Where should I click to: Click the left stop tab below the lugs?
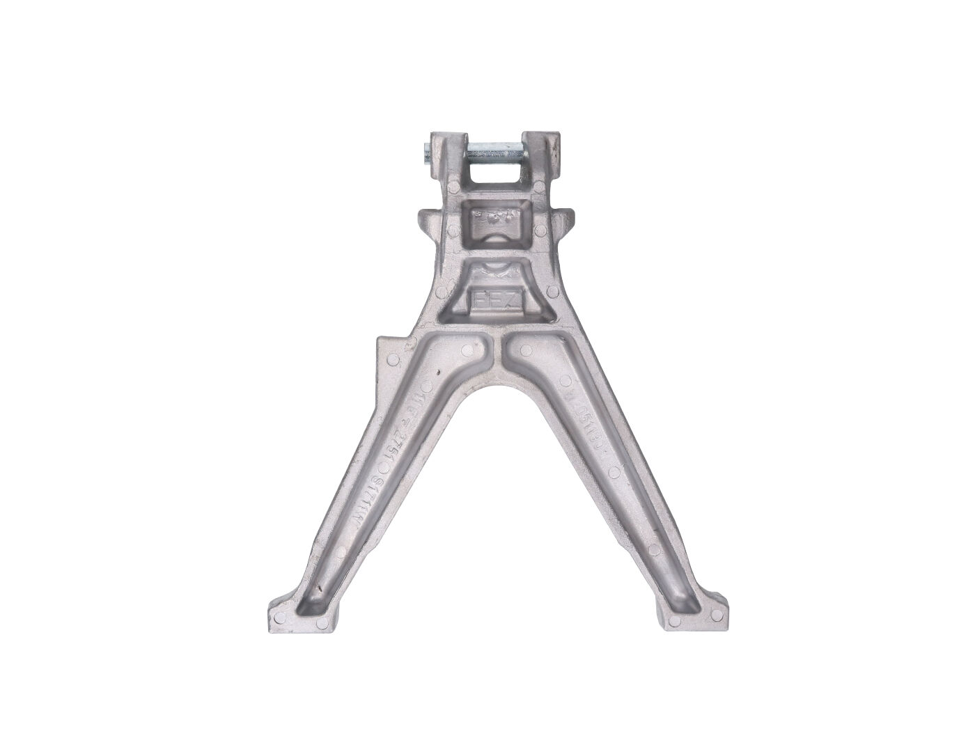(428, 217)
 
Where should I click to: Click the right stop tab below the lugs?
(565, 217)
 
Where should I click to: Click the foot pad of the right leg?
(689, 613)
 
